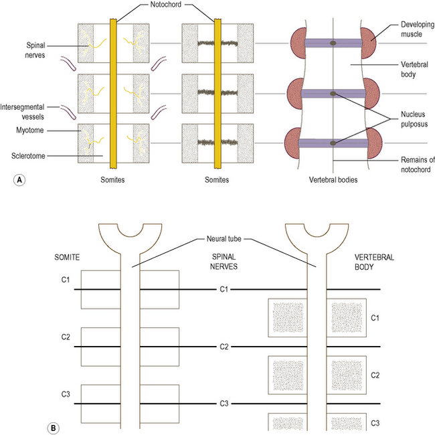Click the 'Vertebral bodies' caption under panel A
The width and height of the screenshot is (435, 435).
pos(333,181)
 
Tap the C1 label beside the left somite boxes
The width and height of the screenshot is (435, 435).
pos(66,276)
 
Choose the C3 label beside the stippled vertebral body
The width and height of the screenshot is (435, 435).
pos(376,424)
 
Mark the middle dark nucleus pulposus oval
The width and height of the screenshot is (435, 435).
pos(333,94)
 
